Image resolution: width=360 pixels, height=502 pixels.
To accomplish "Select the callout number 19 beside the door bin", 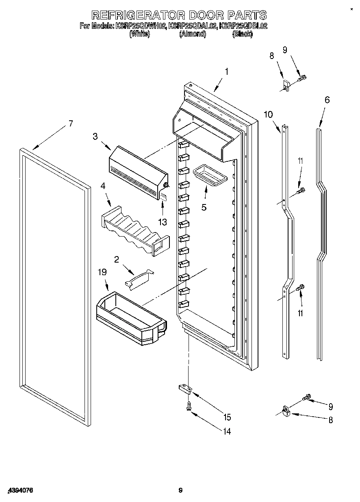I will coord(102,272).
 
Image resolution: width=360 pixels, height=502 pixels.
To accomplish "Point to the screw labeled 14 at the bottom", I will coord(189,406).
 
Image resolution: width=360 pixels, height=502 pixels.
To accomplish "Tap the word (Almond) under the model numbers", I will coord(193,35).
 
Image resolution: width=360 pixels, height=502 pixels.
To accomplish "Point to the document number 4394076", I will coord(20,491).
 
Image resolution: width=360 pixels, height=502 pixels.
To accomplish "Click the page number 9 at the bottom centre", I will coord(181,491).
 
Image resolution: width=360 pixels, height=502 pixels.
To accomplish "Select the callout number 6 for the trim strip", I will coord(327,100).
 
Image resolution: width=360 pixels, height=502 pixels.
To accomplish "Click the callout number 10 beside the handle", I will coord(268,114).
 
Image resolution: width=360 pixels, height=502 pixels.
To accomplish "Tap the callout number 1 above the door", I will coord(226,72).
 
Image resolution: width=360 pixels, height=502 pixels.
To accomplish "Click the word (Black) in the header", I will coord(242,35).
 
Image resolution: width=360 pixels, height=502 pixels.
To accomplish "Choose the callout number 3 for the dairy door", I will coord(95,137).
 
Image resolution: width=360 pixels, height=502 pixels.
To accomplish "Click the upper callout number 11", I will coord(300,161).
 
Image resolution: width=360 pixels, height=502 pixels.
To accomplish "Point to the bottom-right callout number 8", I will coord(330,420).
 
